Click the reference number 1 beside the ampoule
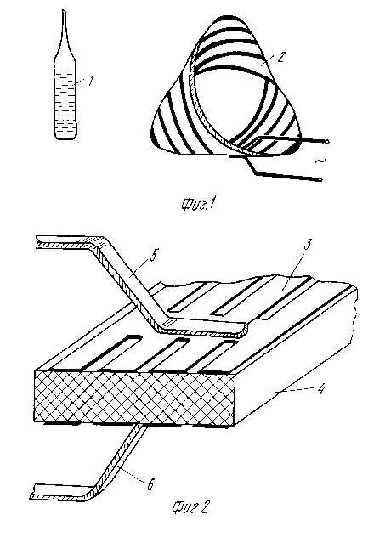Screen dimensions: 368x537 [90, 81]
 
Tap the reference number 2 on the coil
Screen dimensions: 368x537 [280, 57]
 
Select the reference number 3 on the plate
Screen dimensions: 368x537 [308, 246]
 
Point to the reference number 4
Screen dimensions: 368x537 [320, 389]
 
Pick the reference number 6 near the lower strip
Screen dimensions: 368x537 [150, 485]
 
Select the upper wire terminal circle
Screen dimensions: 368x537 [326, 142]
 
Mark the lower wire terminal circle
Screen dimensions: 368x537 [320, 179]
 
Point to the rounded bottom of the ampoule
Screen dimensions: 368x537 [65, 136]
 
